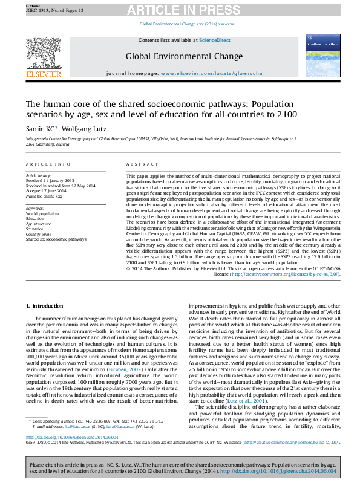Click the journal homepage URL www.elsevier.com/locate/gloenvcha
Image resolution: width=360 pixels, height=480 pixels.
click(198, 72)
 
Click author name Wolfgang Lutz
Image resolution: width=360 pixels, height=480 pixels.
click(82, 129)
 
